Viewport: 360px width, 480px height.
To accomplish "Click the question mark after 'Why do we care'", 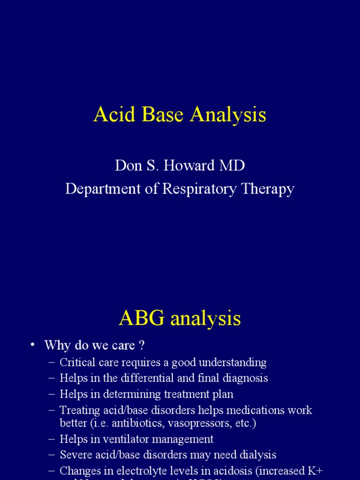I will [x=141, y=346].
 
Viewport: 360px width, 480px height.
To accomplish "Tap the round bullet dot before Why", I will [x=32, y=345].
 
